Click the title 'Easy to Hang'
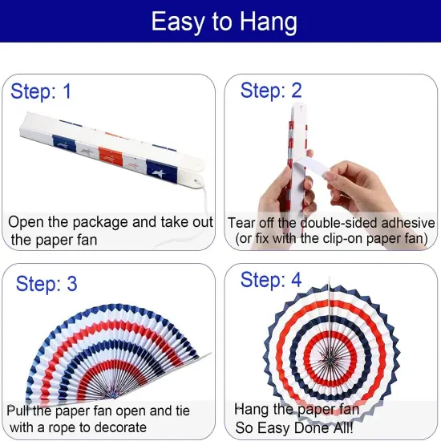(x=220, y=22)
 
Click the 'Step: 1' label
(x=41, y=91)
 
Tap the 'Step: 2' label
(x=271, y=91)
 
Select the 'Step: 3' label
(x=47, y=283)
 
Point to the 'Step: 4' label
(x=271, y=281)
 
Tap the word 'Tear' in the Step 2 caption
(x=241, y=222)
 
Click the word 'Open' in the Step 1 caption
(x=26, y=222)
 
